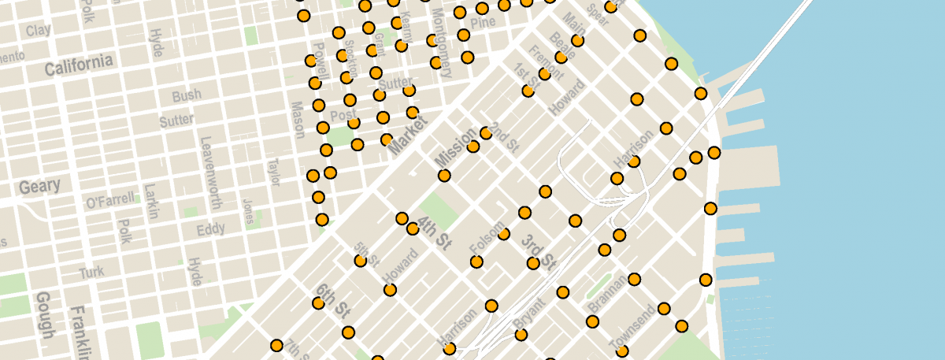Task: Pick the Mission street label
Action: point(456,147)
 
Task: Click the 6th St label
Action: point(332,300)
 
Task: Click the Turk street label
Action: point(91,273)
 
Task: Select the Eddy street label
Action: point(211,229)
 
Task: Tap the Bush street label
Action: point(187,96)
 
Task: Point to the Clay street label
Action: point(38,30)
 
